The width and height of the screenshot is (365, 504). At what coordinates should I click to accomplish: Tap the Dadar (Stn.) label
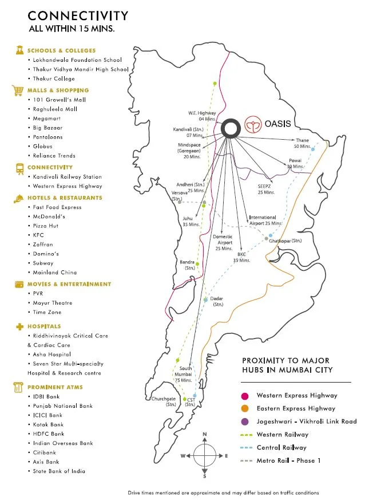point(217,301)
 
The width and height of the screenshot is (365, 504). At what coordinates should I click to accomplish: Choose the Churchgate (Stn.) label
point(163,401)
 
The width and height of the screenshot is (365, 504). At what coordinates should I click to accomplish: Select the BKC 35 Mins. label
point(242,257)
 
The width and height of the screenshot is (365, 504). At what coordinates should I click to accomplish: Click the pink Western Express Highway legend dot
point(244,395)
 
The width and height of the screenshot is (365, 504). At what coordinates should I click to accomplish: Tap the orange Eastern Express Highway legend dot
point(244,408)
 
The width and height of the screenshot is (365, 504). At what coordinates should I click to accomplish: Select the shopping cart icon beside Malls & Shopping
point(17,90)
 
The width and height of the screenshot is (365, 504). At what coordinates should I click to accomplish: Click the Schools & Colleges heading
point(62,50)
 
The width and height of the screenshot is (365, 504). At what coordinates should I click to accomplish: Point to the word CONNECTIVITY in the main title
point(78,15)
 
